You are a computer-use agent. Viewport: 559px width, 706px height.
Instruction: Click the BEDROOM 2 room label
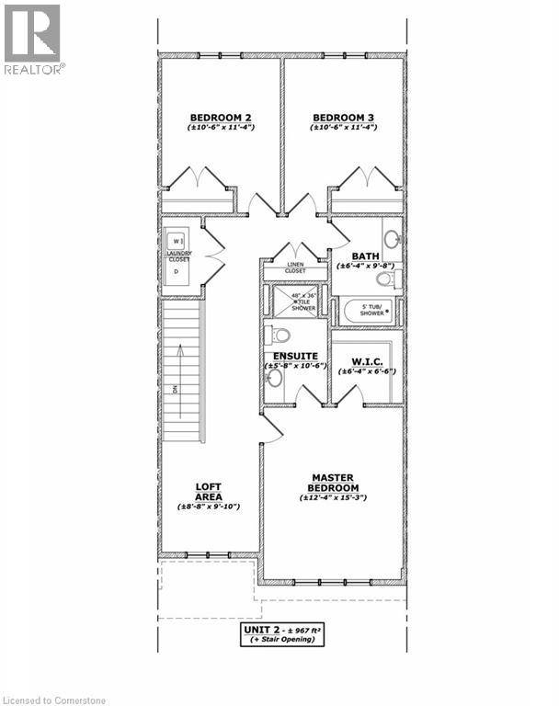221,118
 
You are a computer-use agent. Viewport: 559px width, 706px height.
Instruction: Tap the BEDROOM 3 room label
343,118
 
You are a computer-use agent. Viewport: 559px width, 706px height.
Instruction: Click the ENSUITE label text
295,356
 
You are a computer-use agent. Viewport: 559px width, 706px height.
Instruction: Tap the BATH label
365,256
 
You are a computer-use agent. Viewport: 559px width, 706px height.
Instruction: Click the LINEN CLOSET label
294,268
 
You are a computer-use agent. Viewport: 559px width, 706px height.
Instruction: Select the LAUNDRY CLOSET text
177,256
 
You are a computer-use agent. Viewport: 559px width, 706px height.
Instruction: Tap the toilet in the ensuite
279,335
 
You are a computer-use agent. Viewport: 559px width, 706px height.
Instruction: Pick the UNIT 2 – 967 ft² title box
285,634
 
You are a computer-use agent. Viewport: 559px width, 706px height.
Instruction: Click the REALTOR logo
33,39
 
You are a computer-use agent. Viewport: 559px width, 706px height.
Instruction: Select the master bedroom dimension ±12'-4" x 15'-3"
334,497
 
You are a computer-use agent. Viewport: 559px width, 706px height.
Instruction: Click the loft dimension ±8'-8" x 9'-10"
209,507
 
